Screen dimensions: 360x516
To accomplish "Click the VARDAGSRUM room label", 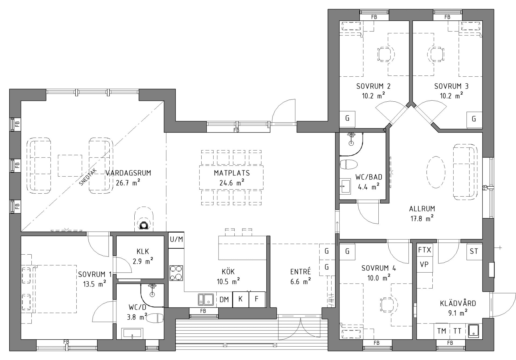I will [128, 173].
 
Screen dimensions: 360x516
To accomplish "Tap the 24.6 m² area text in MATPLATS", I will [232, 183].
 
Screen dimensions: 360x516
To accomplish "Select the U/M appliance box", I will [176, 239].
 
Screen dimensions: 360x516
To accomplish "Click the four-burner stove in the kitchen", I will [176, 273].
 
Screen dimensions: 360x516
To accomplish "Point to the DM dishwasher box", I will [224, 300].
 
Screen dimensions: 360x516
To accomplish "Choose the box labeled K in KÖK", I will [241, 299].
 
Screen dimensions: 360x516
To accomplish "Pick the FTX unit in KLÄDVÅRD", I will [425, 250].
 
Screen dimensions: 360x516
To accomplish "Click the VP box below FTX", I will [424, 265].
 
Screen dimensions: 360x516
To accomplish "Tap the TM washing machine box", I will [442, 331].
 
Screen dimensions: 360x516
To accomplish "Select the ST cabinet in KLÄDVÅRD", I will [474, 251].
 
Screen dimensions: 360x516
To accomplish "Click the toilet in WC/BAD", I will [349, 164].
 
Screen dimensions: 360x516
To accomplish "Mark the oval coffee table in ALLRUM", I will [436, 172].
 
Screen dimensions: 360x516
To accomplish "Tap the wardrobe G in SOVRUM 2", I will [347, 118].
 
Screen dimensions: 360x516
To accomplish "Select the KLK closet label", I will [143, 252].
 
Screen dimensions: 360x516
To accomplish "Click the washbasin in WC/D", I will [132, 334].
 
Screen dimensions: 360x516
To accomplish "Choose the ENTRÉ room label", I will [300, 272].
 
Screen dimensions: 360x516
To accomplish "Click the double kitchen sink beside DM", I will [206, 300].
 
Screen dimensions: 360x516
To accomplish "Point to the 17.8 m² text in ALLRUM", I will [422, 219].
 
